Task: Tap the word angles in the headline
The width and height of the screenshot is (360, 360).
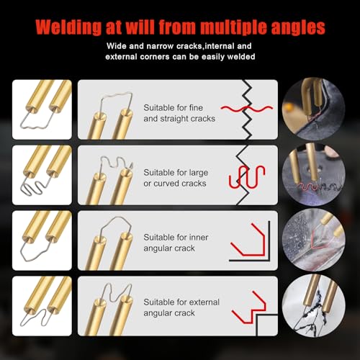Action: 295,28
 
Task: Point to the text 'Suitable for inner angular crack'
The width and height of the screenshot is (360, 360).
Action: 174,241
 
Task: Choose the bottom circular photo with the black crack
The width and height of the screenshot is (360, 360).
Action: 312,305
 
